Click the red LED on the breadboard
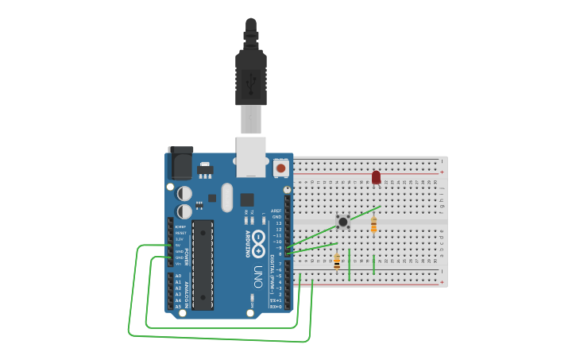(376, 177)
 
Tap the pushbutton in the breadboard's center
(343, 222)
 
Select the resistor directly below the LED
(373, 225)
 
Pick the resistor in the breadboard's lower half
(337, 261)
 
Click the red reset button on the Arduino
(280, 168)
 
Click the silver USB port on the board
(251, 156)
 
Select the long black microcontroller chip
(203, 265)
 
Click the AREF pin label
(276, 211)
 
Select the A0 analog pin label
(179, 276)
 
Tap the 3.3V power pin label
(180, 238)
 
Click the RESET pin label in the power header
(180, 233)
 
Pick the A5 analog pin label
(179, 306)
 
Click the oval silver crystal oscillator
(227, 197)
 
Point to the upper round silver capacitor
(184, 193)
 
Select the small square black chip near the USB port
(247, 199)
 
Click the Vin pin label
(179, 264)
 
